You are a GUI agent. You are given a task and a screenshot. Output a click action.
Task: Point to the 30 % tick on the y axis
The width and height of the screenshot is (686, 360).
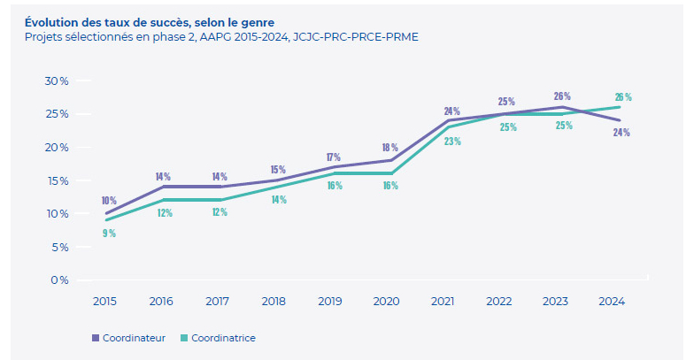pos(57,80)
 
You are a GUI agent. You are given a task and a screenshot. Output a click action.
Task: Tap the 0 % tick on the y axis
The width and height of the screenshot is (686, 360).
pos(59,280)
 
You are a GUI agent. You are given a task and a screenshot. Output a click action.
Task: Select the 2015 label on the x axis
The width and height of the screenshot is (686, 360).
pos(105,301)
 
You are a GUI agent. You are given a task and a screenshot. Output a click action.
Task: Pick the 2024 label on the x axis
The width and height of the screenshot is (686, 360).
pos(612,301)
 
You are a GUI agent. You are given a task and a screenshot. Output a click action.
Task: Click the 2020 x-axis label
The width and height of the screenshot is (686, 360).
pos(386,301)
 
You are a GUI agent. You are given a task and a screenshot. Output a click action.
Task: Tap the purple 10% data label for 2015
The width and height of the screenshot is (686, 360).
pos(108,201)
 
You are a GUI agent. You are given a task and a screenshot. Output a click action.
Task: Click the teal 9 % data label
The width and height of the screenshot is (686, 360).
pos(109,234)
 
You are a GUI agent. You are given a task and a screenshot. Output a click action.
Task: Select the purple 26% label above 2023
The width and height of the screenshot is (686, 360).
pos(561,96)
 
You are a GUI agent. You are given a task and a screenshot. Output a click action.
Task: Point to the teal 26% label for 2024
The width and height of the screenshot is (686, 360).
pos(623,97)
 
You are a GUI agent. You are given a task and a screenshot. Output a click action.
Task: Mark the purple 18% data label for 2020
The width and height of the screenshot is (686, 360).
pos(389,148)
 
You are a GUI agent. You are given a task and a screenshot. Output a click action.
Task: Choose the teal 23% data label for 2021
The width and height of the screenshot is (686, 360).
pos(452,141)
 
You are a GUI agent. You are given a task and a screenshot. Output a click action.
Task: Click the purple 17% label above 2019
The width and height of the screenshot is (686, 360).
pos(334,157)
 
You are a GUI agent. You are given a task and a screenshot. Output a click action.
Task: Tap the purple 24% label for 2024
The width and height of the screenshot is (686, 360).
pos(621,133)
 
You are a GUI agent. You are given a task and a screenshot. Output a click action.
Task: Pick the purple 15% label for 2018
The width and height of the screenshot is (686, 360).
pos(277,170)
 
